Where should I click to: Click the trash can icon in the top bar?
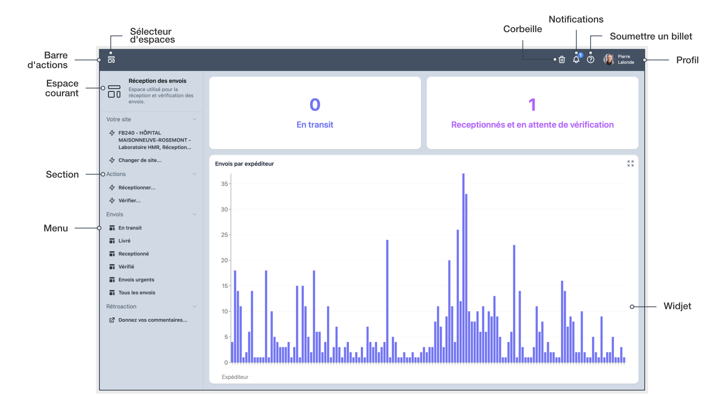pos(562,60)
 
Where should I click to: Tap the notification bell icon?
pos(576,60)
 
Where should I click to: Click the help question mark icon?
pos(591,60)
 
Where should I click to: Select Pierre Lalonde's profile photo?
pos(609,59)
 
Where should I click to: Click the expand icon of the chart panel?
pos(630,164)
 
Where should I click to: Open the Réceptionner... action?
pos(137,188)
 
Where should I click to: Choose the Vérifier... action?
pos(129,201)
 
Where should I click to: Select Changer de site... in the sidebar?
pos(140,160)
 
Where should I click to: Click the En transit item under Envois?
pos(130,228)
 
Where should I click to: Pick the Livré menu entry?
pos(124,241)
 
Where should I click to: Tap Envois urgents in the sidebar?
pos(136,280)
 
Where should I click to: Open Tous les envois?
pos(137,293)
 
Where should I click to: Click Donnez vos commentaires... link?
pos(152,320)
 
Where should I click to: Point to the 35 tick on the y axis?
pos(224,184)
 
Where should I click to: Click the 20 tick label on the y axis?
pos(224,260)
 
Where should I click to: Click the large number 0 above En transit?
pos(315,105)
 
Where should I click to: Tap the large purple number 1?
pos(532,105)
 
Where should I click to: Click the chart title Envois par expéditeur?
pos(244,164)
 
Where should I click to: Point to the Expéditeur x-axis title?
pos(235,377)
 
